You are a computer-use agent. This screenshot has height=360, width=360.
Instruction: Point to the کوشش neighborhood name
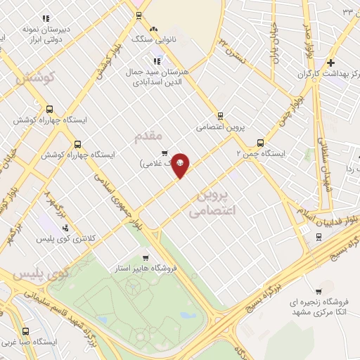[34, 78]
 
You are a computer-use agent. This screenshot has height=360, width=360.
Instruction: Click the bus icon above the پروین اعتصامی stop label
[220, 116]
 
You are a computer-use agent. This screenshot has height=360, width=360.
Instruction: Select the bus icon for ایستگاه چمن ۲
[261, 141]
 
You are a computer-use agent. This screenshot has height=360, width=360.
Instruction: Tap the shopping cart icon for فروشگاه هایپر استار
[145, 258]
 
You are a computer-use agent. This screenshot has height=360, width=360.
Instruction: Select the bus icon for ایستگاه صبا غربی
[26, 331]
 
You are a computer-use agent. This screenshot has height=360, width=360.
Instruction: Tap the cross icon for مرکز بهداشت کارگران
[330, 63]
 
